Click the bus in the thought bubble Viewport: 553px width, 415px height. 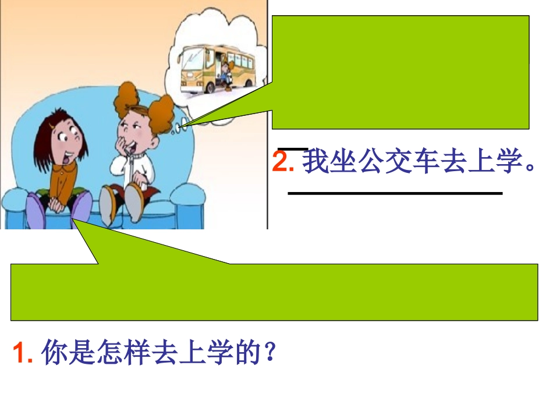click(215, 67)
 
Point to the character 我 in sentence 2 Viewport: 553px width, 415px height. click(317, 162)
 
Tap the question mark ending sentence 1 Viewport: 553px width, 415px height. click(269, 353)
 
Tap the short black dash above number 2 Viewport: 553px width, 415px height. click(293, 148)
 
